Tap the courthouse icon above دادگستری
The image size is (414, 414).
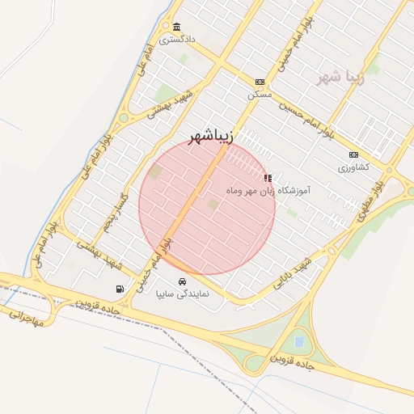tap(177, 27)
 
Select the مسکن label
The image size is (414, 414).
tap(260, 95)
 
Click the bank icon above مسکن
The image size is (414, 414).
tap(260, 82)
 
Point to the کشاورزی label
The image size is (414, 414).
tap(353, 167)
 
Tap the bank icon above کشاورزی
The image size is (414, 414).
tap(353, 154)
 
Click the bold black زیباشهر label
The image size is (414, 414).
tap(210, 137)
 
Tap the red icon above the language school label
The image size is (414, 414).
tap(268, 177)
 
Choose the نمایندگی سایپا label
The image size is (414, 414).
tap(182, 294)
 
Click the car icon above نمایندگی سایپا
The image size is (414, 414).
tap(181, 281)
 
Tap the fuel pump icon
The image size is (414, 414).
tap(120, 288)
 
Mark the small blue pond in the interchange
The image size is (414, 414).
tap(300, 342)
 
